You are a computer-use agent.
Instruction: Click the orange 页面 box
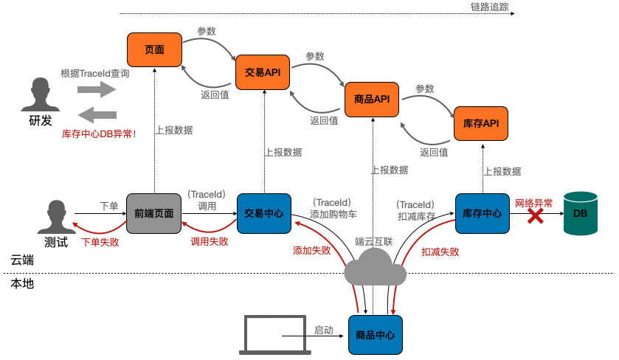coord(154,50)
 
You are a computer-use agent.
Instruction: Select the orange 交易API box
coord(263,72)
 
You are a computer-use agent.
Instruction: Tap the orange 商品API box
coord(372,99)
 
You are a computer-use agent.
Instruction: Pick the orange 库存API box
coord(481,123)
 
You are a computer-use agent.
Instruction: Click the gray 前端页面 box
coord(153,213)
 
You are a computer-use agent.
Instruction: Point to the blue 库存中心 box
coord(483,213)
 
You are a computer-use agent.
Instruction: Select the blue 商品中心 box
coord(375,335)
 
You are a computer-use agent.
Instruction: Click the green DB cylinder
coord(581,213)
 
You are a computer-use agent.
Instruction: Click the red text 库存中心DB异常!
coord(99,135)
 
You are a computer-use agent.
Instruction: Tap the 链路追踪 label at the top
coord(489,7)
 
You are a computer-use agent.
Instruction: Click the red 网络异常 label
coord(533,202)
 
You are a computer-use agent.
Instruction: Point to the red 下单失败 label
coord(100,241)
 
